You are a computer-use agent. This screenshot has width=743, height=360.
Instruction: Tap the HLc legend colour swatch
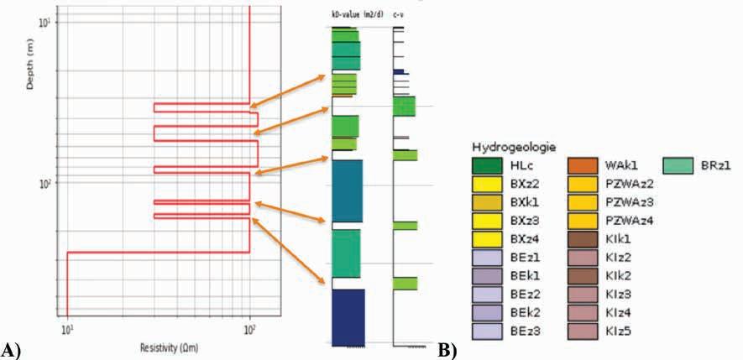[487, 166]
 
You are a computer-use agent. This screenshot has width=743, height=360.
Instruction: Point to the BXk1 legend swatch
[487, 202]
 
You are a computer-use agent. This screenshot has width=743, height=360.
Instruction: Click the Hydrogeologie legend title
[511, 148]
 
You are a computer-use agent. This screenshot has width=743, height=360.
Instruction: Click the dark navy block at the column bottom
[348, 316]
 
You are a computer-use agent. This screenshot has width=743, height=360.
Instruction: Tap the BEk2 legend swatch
[487, 312]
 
